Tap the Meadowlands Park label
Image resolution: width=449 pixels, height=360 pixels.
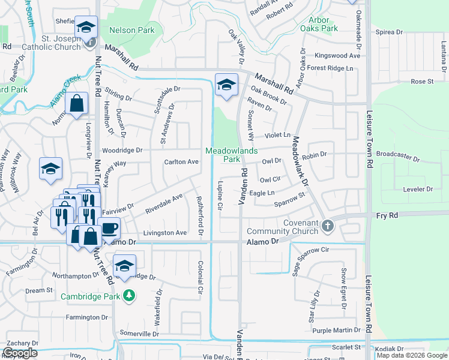[x=227, y=155]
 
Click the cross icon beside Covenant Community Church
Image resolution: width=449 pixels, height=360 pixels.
[x=327, y=226]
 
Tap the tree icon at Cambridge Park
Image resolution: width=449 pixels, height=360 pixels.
[x=128, y=295]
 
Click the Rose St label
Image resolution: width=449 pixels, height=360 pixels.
[x=422, y=81]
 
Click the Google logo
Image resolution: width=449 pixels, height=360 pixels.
[x=20, y=353]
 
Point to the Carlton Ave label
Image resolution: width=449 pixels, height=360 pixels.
[x=181, y=162]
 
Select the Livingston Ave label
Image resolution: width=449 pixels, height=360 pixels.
[x=164, y=233]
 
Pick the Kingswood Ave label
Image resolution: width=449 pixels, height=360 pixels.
[x=341, y=56]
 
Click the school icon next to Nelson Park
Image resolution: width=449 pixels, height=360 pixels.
[x=86, y=27]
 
